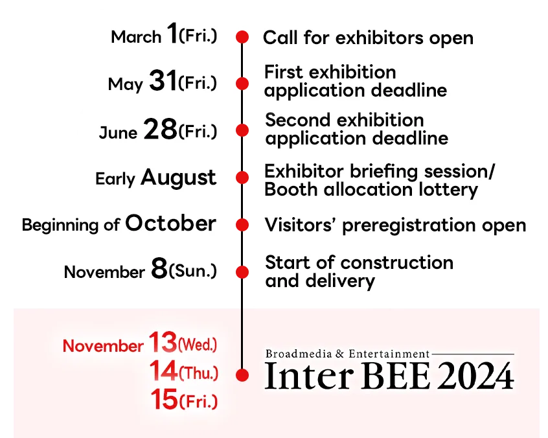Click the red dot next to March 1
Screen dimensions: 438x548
coord(242,37)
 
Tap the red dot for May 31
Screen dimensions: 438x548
coord(242,84)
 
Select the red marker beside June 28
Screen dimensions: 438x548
coord(242,130)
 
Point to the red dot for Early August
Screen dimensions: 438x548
coord(242,178)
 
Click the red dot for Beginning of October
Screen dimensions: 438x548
coord(242,225)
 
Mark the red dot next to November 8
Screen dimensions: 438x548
coord(242,271)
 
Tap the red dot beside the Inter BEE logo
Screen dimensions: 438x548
coord(242,375)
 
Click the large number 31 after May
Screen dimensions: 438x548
coord(162,82)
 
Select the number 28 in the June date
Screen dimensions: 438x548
coord(160,130)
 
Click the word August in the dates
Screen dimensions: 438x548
coord(179,177)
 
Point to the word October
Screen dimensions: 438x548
coord(170,224)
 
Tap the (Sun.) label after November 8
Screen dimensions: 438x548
coord(192,272)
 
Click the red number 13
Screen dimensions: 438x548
coord(162,341)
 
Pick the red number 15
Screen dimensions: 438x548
coord(164,399)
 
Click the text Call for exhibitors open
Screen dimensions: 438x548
coord(368,38)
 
